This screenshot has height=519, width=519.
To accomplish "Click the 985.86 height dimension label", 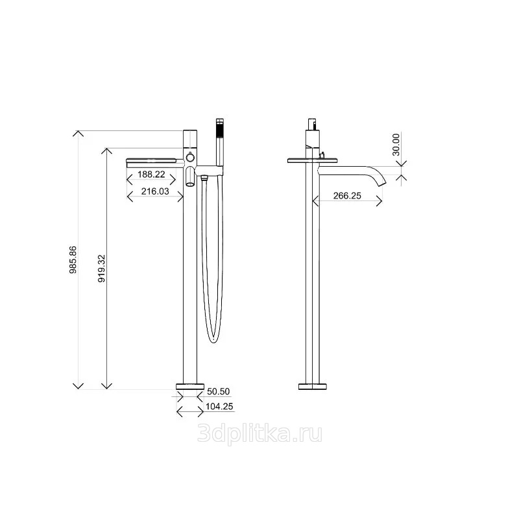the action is tap(73, 260).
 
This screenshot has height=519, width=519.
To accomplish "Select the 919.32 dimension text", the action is tap(102, 268).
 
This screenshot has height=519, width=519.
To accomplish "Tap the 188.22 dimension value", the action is tap(151, 175).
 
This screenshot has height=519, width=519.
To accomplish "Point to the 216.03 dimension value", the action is tap(155, 191).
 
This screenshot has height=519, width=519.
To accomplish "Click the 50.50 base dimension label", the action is tap(219, 391).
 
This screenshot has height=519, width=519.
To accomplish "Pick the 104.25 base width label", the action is tap(219, 406).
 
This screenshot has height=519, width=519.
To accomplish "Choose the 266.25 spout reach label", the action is tap(347, 196).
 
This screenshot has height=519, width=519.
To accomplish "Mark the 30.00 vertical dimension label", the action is tap(396, 145).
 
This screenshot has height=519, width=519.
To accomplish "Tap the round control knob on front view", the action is tap(190, 156).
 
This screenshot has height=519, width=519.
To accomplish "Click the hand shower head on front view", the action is tap(219, 141).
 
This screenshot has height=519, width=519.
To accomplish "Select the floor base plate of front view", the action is tap(190, 386).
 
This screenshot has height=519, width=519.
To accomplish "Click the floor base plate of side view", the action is tap(313, 386).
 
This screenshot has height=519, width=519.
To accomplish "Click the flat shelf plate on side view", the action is tap(313, 161).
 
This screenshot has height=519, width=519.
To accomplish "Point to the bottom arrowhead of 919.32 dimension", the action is tap(106, 387).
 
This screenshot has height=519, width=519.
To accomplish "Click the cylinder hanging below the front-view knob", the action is tap(190, 176).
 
